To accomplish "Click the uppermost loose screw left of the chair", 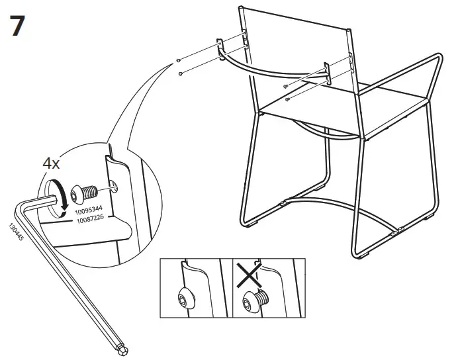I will click(180, 60).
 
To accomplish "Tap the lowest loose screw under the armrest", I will click(287, 99).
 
